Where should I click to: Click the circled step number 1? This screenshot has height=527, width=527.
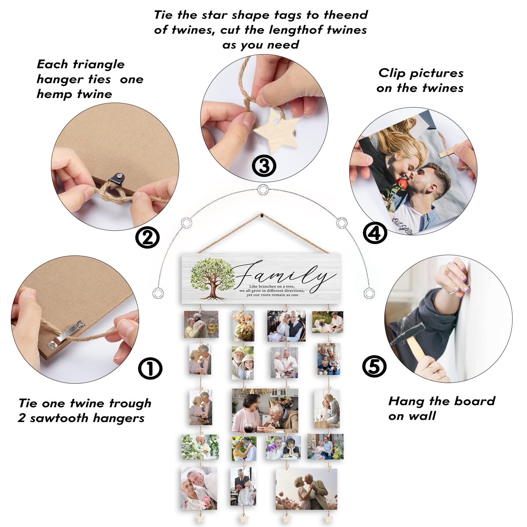point(150,368)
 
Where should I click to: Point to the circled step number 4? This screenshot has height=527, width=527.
point(375,233)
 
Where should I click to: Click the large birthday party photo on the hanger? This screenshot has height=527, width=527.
point(265,410)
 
